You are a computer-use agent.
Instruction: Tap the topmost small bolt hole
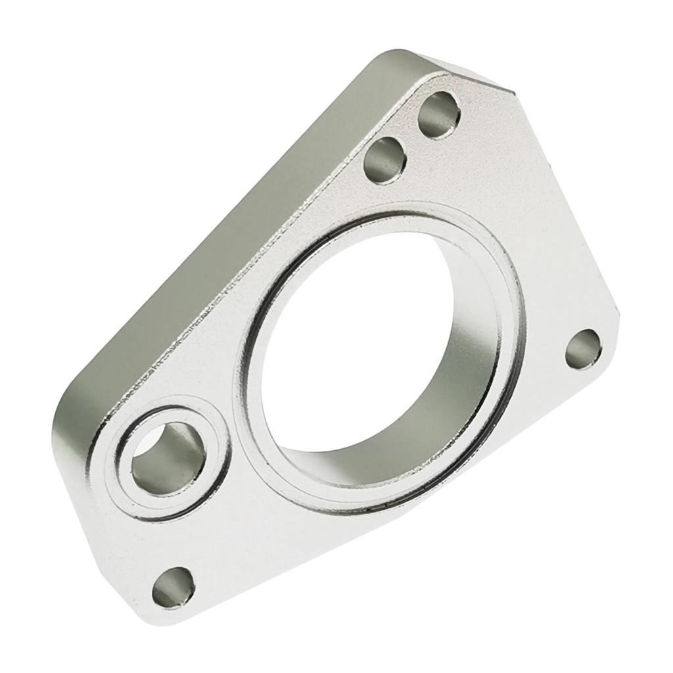coord(439,115)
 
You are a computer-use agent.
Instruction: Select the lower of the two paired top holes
coord(384,160)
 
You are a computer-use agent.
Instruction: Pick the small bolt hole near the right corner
coord(584,349)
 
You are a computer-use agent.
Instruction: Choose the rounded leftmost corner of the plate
coord(62,421)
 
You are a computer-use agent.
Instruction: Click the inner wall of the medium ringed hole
coord(177,440)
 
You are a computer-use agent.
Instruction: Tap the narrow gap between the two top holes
coord(413,137)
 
